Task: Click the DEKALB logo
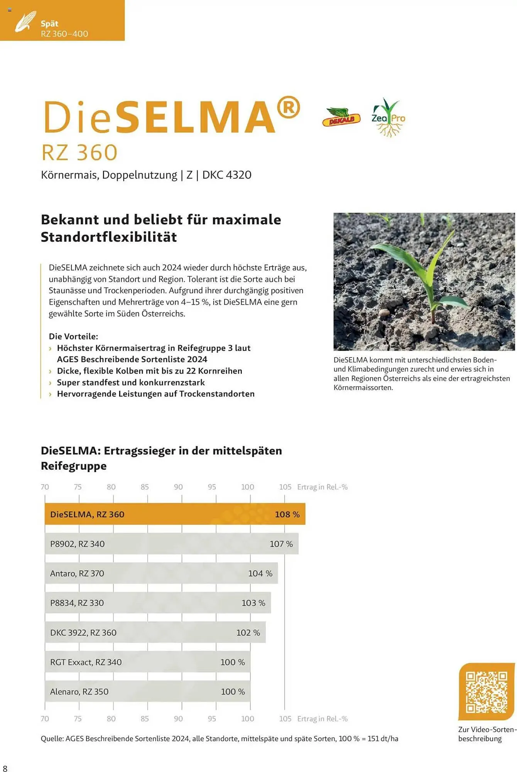(x=341, y=118)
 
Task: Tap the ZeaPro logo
(x=388, y=118)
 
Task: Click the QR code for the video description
(x=486, y=692)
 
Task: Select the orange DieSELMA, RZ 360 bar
(x=175, y=514)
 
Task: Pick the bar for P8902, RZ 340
(x=171, y=544)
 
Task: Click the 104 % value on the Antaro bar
(x=260, y=574)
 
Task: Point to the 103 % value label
(x=253, y=603)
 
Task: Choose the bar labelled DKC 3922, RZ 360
(x=155, y=633)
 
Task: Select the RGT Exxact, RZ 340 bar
(x=147, y=662)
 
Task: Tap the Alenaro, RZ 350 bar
(x=147, y=692)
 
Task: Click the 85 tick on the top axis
(x=145, y=487)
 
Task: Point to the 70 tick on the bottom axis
(x=45, y=719)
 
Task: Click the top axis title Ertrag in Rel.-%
(x=322, y=487)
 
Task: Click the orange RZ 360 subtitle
(x=79, y=152)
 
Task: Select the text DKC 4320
(x=227, y=175)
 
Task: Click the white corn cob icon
(x=25, y=22)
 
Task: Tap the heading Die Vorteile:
(x=73, y=336)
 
